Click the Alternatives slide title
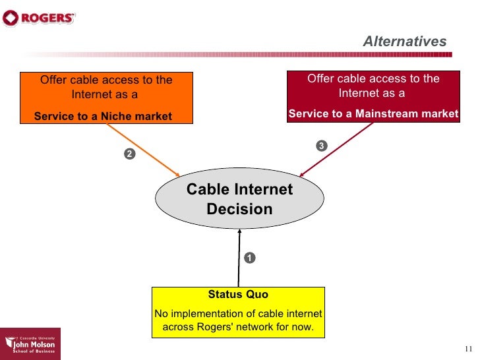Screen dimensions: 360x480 point(404,42)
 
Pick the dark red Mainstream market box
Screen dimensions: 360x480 point(373,96)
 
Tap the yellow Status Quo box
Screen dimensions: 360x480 point(238,312)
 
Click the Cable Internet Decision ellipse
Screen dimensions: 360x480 point(239,199)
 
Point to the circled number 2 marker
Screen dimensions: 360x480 point(129,154)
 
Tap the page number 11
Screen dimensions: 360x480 point(469,349)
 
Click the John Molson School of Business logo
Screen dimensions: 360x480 point(30,344)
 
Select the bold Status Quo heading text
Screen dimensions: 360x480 point(238,295)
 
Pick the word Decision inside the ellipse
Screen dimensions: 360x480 point(239,210)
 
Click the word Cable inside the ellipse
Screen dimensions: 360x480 point(205,190)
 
